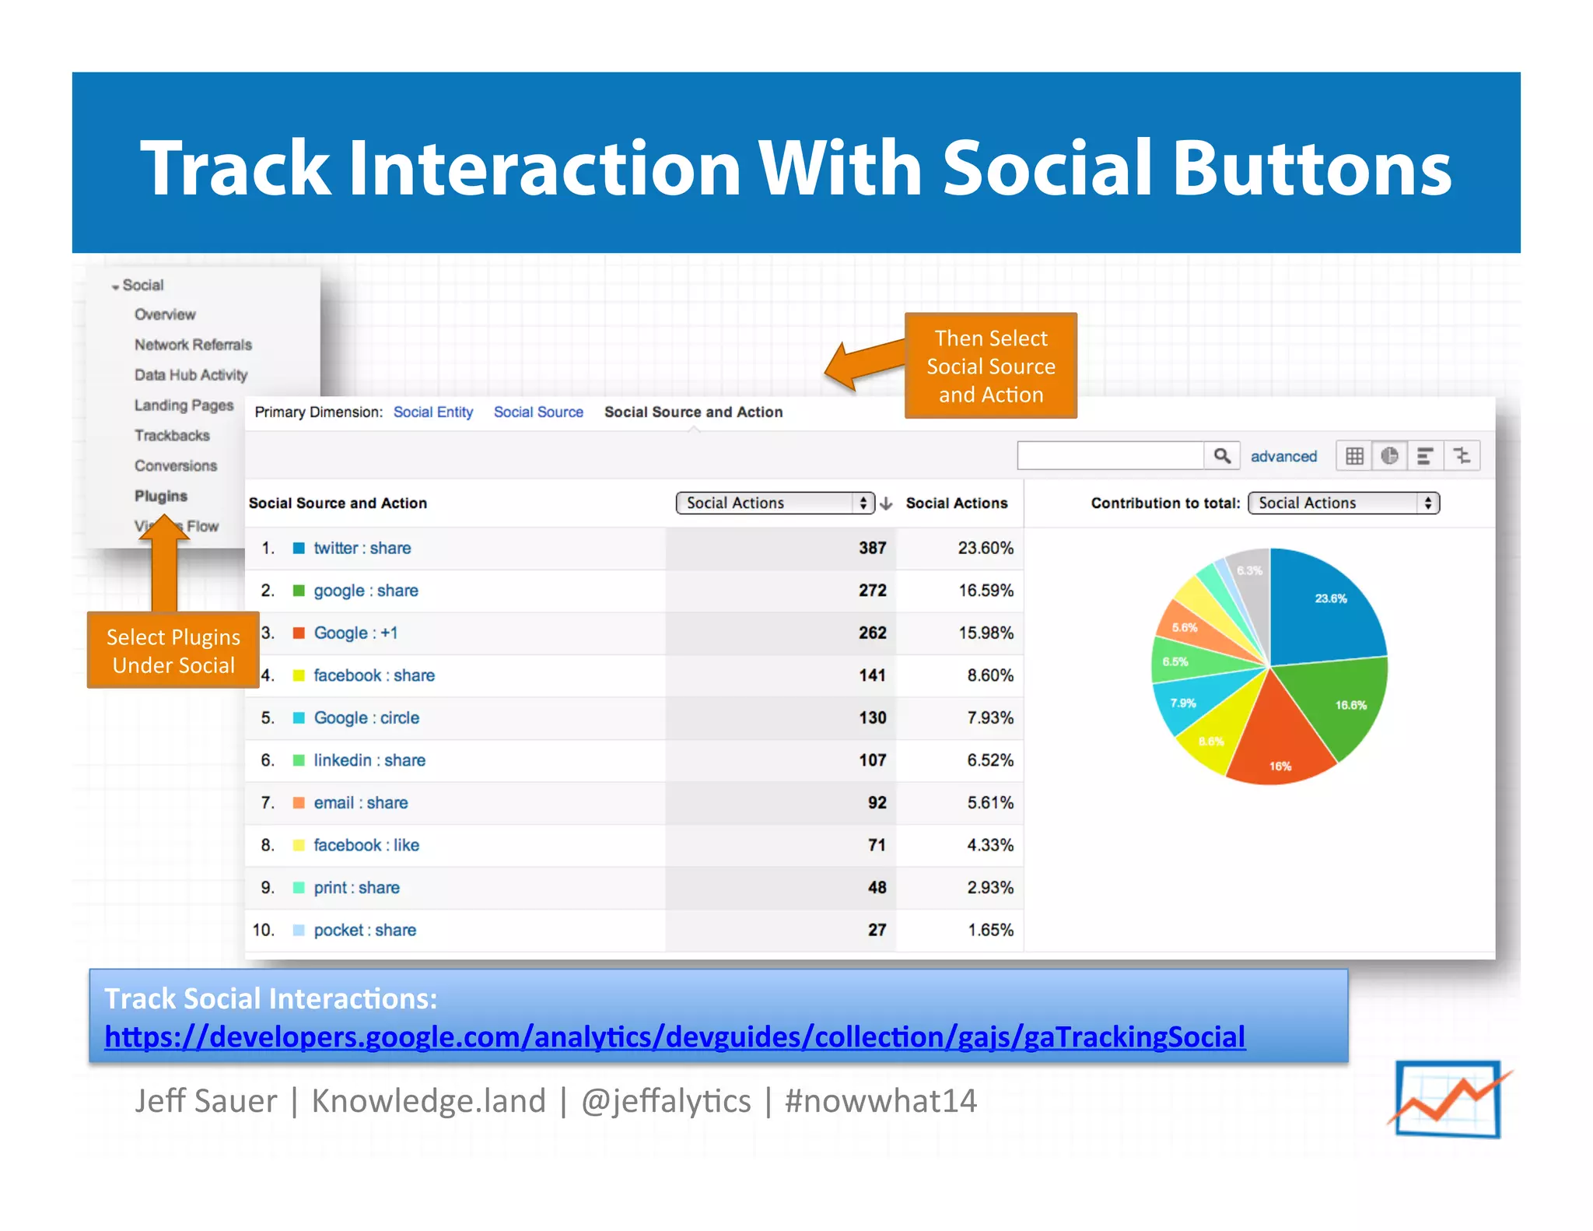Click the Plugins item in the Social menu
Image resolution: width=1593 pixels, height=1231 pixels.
pos(160,496)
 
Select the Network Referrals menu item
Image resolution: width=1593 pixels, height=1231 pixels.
pos(193,345)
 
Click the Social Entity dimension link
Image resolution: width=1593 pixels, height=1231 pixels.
pos(432,412)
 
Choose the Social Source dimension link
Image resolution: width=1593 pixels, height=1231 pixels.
pos(538,412)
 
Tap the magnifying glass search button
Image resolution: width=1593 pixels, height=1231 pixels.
pos(1222,456)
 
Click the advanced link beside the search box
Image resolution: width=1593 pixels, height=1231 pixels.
pos(1283,457)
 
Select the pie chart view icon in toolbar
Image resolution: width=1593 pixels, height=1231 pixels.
pos(1389,456)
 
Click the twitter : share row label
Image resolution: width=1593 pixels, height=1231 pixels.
pos(362,548)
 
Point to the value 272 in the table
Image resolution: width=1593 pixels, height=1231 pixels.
pos(872,591)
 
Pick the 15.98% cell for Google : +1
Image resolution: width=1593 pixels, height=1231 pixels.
pos(986,633)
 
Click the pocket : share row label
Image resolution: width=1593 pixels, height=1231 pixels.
pos(364,930)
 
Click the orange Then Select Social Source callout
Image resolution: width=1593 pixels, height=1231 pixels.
pos(990,366)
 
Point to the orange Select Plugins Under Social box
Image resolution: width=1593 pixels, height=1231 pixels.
pos(173,651)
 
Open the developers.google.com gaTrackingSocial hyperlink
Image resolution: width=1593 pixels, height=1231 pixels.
pos(674,1037)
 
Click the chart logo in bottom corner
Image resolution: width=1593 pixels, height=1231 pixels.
pos(1448,1099)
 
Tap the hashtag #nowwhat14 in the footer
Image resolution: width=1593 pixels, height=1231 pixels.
pos(880,1101)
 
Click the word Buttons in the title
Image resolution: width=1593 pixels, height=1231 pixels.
pos(1311,168)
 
